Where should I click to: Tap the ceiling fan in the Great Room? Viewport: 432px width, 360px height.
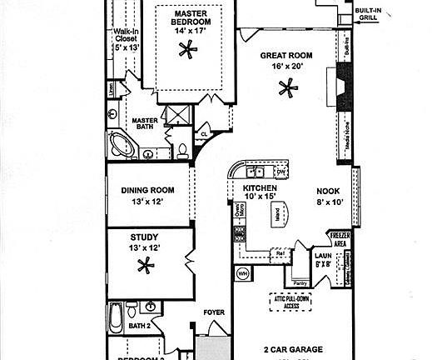click(288, 86)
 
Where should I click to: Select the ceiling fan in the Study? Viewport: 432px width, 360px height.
click(145, 267)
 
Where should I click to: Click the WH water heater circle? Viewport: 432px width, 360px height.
click(244, 272)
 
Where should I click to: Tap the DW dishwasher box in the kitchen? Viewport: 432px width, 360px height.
click(281, 172)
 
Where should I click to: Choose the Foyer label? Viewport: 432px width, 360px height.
click(214, 312)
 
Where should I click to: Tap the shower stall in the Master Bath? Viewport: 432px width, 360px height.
click(176, 115)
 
